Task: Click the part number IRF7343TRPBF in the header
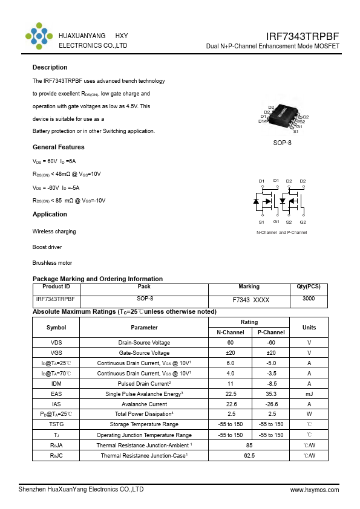pos(303,36)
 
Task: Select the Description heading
pos(50,67)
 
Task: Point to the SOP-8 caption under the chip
pos(282,143)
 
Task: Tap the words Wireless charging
pos(54,232)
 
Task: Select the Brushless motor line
pos(52,263)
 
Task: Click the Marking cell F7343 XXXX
pos(250,300)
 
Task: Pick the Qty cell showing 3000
pos(309,299)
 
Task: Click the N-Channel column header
pos(231,332)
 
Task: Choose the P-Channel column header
pos(271,332)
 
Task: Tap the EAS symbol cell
pos(56,394)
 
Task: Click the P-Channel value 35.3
pos(271,394)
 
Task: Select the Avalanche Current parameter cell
pos(144,404)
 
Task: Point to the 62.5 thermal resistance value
pos(250,455)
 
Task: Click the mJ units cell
pos(309,394)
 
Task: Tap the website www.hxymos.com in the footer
pos(315,490)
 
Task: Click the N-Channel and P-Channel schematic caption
pos(282,233)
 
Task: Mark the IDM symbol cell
pos(56,383)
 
